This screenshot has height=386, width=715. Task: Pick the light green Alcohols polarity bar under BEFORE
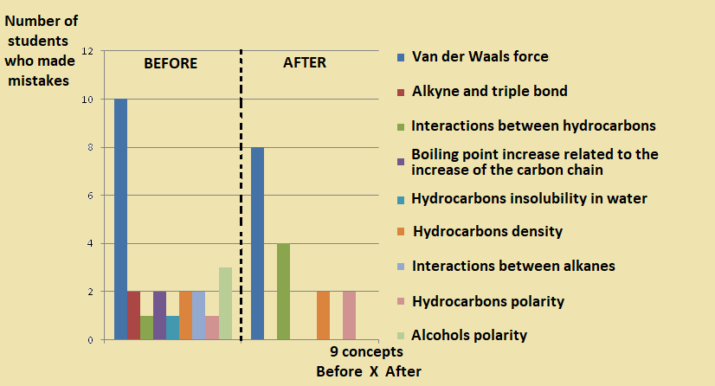(x=225, y=304)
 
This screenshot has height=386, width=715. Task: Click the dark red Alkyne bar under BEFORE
(x=133, y=316)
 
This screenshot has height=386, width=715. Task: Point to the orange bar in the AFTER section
(x=323, y=316)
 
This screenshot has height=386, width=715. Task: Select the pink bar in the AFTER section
(x=349, y=316)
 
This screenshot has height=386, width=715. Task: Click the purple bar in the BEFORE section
(x=159, y=316)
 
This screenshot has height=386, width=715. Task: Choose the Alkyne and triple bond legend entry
(x=490, y=91)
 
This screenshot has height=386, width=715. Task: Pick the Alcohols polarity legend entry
(x=469, y=335)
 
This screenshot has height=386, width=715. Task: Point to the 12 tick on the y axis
(x=87, y=51)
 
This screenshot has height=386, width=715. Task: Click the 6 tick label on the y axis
(x=89, y=196)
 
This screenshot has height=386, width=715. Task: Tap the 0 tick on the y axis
(x=89, y=340)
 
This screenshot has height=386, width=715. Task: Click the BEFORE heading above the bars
(x=171, y=64)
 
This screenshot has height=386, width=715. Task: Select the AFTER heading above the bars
(x=305, y=63)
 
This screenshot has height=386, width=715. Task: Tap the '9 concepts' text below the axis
(x=366, y=353)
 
